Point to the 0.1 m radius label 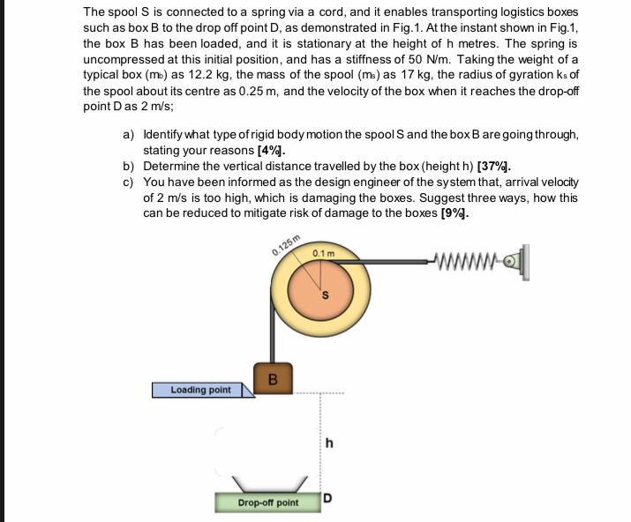coord(324,255)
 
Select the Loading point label coord(201,390)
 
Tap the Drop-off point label coord(267,503)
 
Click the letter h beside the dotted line coord(329,444)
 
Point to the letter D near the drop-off coord(327,498)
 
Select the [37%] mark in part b coord(493,167)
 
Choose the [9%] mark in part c coord(454,213)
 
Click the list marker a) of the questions coord(128,135)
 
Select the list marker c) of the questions coord(128,183)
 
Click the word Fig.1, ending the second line coord(561,27)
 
